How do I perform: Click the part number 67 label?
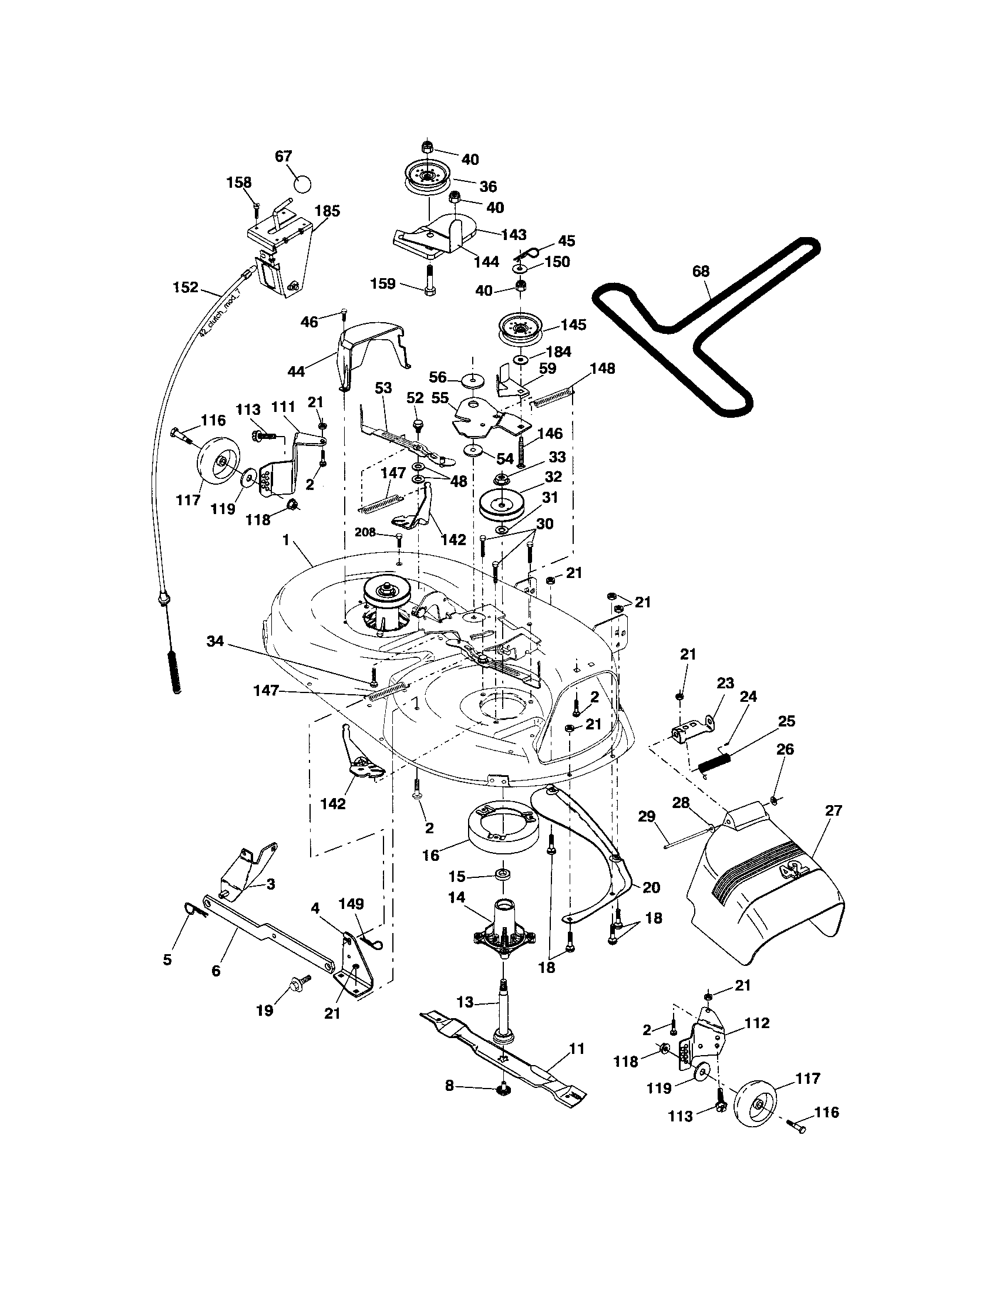tap(284, 156)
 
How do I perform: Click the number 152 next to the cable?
tap(185, 288)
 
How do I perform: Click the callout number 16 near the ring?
tap(431, 856)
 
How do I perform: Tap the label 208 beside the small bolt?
tap(365, 532)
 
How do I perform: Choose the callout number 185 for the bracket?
tap(327, 211)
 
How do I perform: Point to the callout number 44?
tap(297, 371)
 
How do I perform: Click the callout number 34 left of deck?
tap(216, 640)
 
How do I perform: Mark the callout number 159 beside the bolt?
tap(383, 284)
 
